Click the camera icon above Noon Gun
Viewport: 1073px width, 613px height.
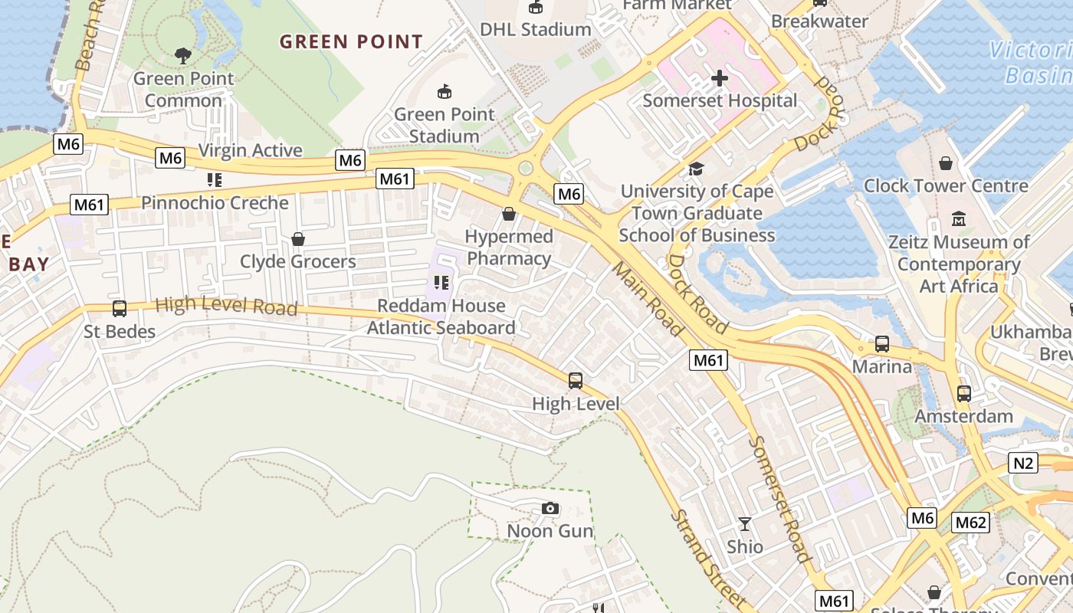click(550, 508)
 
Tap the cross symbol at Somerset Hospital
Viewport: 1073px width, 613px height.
click(719, 77)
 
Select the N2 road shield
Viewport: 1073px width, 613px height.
click(1024, 463)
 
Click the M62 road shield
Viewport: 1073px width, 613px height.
click(970, 523)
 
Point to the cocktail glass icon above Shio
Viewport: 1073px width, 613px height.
click(744, 525)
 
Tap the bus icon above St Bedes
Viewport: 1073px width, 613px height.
click(120, 309)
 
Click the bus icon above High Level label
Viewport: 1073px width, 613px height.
click(576, 380)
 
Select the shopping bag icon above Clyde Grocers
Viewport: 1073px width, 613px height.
click(298, 239)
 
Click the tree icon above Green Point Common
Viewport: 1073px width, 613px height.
click(182, 55)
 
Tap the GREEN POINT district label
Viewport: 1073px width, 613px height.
click(351, 41)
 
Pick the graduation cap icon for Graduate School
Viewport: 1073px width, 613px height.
click(696, 169)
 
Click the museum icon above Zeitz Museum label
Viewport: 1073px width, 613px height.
click(958, 219)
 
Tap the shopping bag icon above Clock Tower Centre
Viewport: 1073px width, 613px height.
click(946, 163)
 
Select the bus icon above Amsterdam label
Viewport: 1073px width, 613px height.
click(963, 394)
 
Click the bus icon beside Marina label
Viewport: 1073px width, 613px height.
click(882, 344)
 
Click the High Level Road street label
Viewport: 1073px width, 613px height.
click(226, 306)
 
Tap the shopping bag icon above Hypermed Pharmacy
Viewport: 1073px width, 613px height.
click(508, 214)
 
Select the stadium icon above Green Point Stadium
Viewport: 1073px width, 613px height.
click(444, 92)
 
